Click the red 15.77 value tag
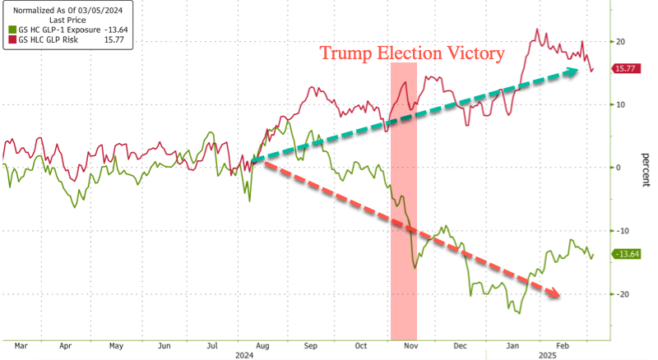point(628,70)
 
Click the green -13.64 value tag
point(629,254)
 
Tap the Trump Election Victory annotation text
point(411,53)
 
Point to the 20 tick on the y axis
point(621,41)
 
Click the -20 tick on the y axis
point(623,294)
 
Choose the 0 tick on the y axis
point(619,168)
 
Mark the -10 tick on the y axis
point(623,231)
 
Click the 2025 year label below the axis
point(547,356)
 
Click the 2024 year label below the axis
point(244,356)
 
